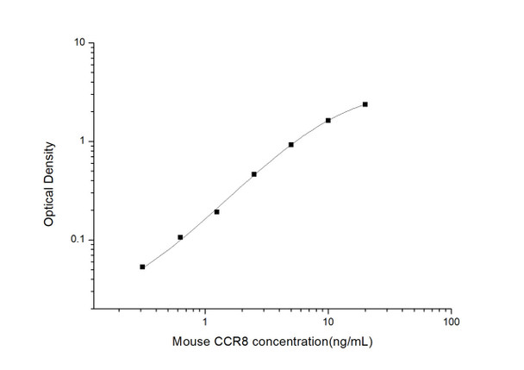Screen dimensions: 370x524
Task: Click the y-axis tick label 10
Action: pos(78,42)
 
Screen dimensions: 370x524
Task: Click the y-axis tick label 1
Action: pos(80,141)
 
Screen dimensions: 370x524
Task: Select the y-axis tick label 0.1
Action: pos(77,240)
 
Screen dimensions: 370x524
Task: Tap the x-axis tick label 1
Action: pos(205,321)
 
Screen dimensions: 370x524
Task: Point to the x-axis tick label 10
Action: pos(327,321)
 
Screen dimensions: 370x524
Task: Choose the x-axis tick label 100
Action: pos(450,321)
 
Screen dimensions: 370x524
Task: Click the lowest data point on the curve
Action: pos(142,267)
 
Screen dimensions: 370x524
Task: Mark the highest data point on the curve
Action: pos(365,104)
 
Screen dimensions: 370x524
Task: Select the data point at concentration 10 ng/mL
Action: pos(328,120)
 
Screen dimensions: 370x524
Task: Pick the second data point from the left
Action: pos(180,237)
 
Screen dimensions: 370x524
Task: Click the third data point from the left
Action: pos(216,211)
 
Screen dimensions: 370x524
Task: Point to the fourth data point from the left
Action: pos(254,174)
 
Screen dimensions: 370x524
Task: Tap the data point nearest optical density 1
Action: pos(291,145)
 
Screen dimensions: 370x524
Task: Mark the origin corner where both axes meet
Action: pos(93,308)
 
